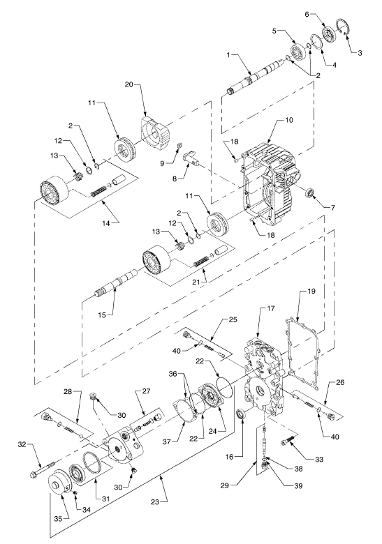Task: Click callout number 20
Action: pos(128,85)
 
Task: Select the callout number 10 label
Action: pos(289,120)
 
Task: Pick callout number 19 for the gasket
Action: pos(311,291)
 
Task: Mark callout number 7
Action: pos(332,207)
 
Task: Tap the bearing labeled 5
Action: pos(297,50)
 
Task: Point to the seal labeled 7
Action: pos(309,193)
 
